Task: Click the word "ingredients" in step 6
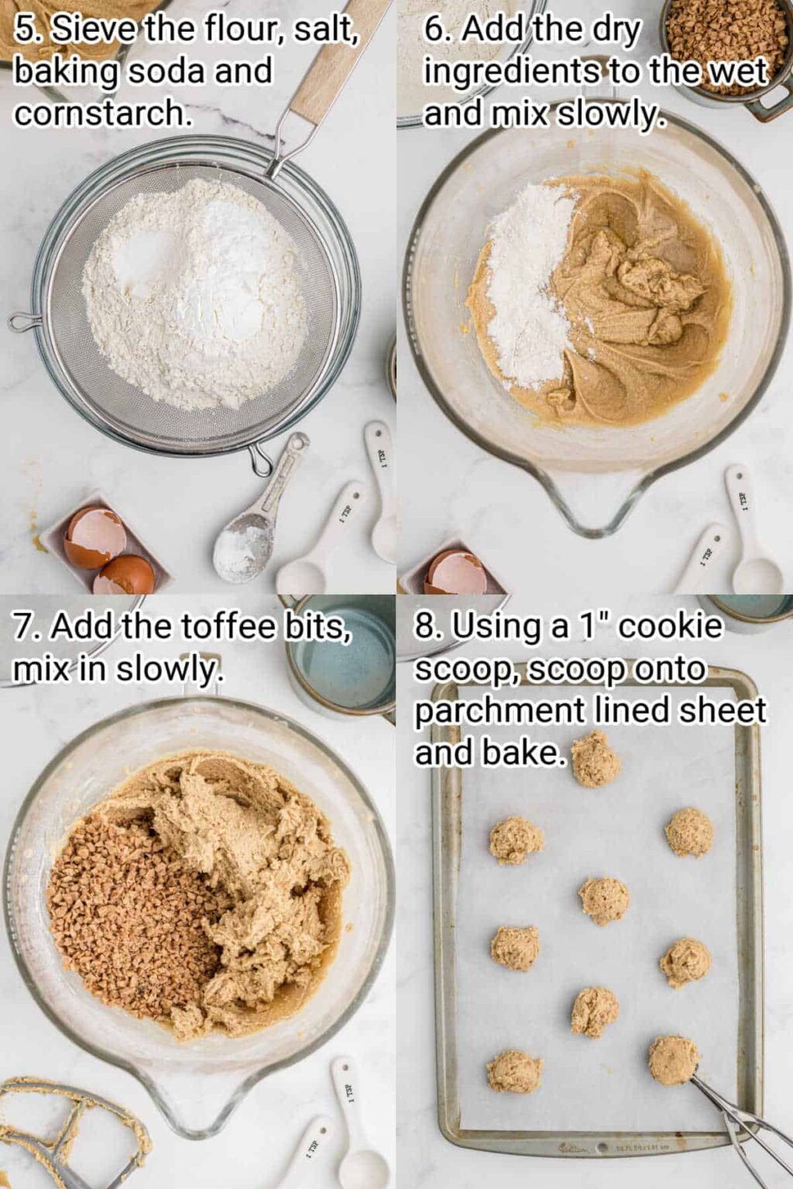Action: click(x=511, y=72)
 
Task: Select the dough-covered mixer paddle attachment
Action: click(x=70, y=1130)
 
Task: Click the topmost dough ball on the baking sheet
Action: click(x=596, y=759)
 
